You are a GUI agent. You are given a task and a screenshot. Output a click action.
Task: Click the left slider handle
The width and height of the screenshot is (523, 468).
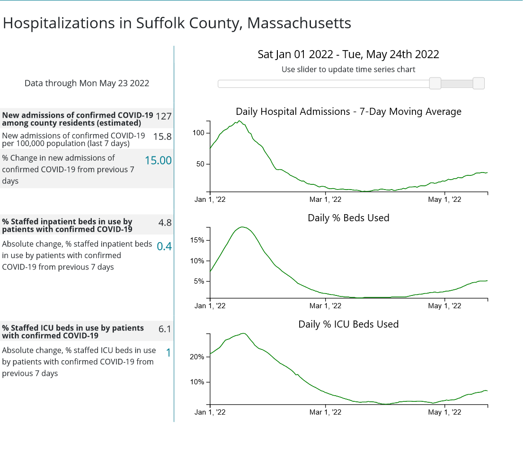pos(435,84)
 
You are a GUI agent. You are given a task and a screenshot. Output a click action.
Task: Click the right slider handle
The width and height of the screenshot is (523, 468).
pos(479,84)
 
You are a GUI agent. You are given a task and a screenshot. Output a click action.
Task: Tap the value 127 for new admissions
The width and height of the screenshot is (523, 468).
pos(163,116)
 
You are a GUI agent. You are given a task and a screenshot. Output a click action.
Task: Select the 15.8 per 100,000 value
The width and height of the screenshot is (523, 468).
pos(162,137)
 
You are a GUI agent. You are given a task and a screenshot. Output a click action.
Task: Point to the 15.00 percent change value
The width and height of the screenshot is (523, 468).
pos(158,161)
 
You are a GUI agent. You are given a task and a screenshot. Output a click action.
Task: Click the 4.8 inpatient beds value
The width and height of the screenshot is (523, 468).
pos(165,222)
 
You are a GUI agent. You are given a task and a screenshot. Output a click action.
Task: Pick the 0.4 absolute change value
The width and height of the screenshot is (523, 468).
pos(164,246)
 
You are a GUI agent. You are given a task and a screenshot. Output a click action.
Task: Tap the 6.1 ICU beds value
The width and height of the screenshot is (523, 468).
pos(165,329)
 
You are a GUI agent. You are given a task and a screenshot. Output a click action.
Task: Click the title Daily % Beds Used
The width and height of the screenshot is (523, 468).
pos(348,218)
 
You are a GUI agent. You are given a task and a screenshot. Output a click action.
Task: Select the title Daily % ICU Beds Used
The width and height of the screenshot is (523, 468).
pos(348,324)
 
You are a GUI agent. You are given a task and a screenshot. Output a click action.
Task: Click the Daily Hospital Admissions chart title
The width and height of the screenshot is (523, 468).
pos(348,112)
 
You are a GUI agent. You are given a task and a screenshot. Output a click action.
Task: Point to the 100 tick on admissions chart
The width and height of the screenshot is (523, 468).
pos(198,133)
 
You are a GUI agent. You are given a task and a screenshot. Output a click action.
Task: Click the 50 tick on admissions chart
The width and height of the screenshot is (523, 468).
pos(200,165)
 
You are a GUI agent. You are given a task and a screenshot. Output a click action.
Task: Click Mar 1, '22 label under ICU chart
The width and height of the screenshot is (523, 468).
pos(325,412)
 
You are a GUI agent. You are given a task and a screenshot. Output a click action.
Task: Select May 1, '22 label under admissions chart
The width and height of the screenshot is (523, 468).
pos(444,199)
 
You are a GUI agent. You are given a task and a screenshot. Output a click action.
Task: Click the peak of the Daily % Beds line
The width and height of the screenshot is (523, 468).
pos(242,227)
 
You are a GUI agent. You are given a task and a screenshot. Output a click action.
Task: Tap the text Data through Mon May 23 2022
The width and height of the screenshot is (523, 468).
pos(87,84)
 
